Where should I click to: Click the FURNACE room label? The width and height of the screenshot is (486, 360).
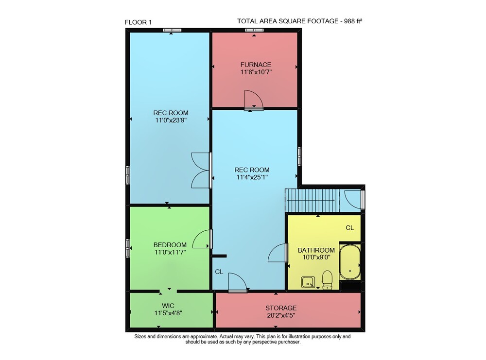256,65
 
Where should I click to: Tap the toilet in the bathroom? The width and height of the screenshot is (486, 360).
327,280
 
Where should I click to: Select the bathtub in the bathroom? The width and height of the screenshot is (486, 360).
350,262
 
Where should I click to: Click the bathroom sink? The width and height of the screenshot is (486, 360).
308,282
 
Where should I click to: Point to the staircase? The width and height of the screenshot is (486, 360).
312,200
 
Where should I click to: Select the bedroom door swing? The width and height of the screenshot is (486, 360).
202,239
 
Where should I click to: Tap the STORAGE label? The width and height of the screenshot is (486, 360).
281,308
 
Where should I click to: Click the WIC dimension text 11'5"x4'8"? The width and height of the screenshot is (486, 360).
168,313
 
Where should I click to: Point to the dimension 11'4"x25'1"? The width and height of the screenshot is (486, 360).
252,177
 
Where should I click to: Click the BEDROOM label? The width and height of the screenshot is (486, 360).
170,245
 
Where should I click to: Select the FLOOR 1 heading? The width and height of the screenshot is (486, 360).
138,22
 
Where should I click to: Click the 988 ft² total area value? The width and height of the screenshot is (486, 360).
353,21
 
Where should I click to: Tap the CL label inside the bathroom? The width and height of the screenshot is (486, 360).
349,228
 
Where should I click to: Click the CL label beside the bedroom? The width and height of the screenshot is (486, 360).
219,272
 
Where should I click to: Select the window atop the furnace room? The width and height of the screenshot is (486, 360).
254,30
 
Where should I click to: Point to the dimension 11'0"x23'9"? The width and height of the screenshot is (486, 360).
171,120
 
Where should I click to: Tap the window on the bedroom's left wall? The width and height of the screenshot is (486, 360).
127,248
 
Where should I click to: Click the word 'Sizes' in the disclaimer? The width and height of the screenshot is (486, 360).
140,337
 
